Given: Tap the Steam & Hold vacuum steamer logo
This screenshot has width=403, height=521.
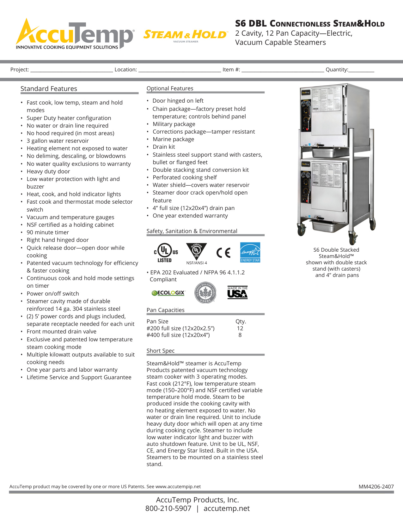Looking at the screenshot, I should (185, 35).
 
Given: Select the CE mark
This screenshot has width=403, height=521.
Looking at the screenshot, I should (223, 253).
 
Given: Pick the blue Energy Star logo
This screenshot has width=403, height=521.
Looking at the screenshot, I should (250, 252).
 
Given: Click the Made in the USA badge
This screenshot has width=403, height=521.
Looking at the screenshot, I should (237, 292).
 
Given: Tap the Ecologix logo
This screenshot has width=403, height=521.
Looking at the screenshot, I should (168, 293).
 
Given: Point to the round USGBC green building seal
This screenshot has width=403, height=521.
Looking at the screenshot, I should (205, 293).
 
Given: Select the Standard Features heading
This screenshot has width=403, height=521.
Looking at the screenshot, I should (49, 89).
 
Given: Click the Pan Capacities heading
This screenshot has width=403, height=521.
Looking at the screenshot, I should (165, 310).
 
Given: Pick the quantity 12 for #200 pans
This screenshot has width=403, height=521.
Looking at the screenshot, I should (240, 328).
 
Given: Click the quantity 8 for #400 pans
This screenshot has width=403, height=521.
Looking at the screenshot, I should (240, 335).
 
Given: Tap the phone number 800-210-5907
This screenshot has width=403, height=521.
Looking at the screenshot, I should (168, 508).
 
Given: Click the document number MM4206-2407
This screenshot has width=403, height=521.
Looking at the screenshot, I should (376, 487).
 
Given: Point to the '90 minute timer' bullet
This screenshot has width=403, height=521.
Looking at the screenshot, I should (48, 232).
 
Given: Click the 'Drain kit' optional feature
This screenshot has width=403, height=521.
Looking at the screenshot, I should (164, 147).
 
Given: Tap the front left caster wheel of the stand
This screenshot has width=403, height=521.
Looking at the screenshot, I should (302, 230).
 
